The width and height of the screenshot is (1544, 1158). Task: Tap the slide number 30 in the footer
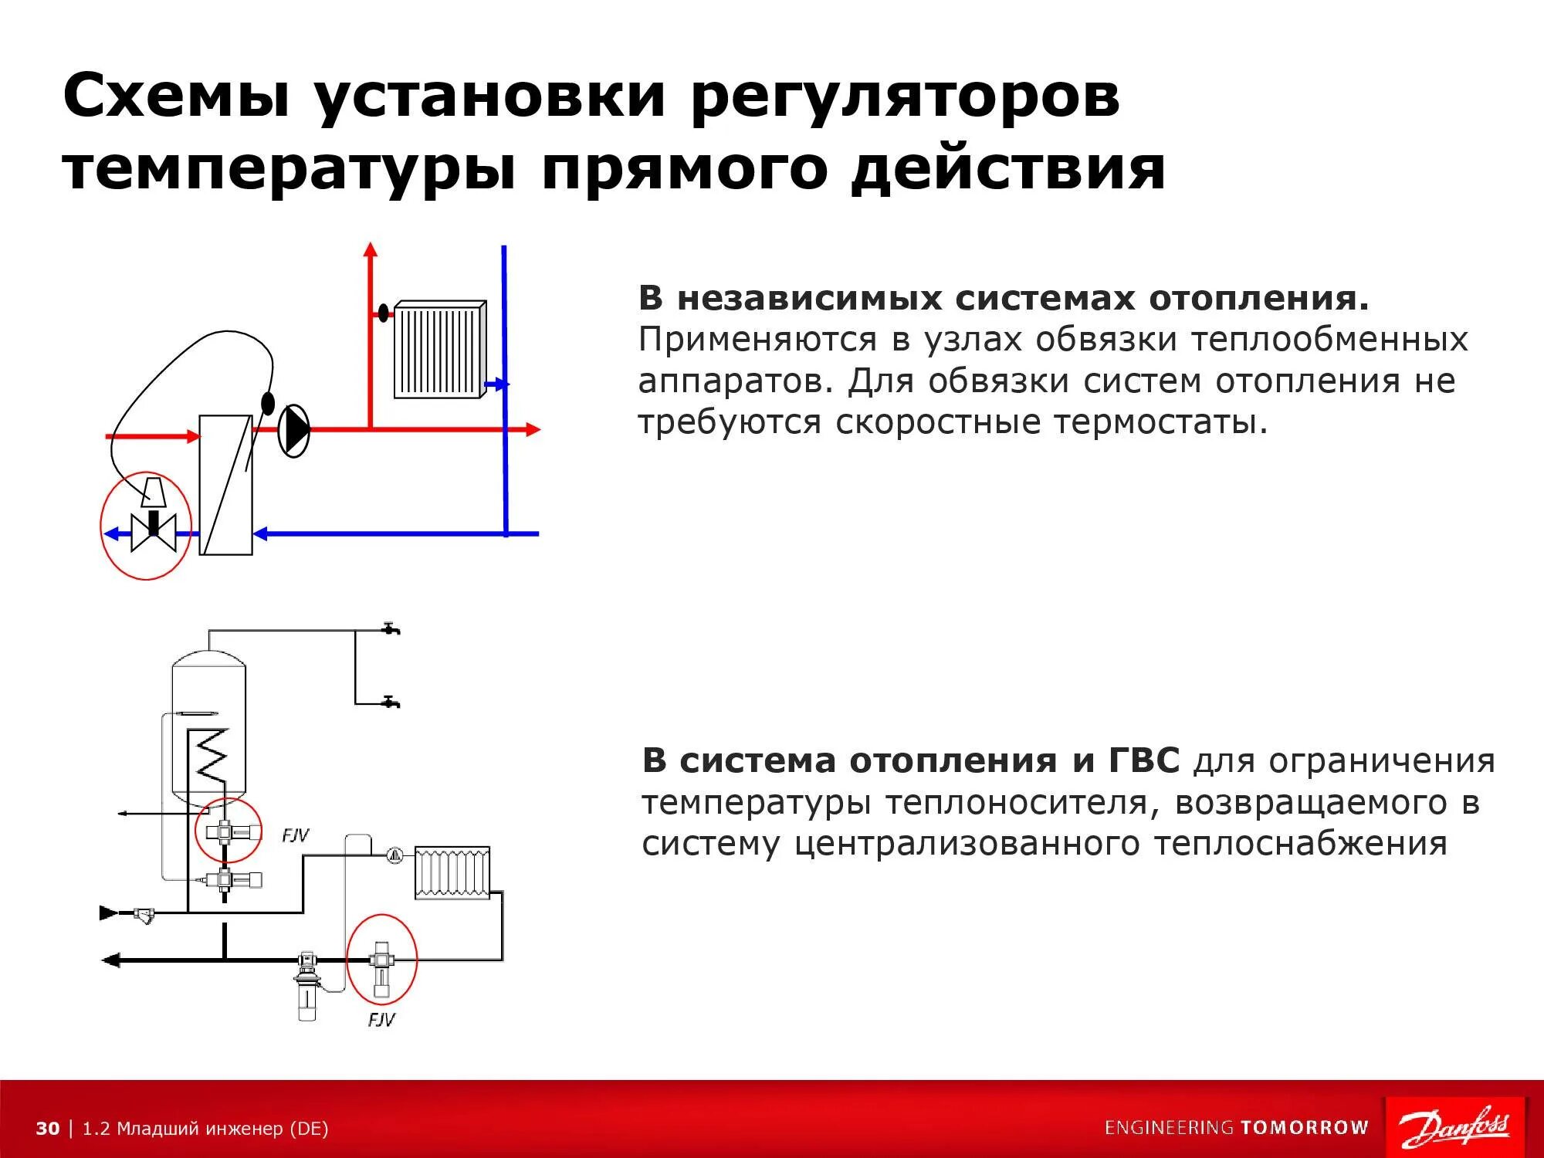[x=47, y=1129]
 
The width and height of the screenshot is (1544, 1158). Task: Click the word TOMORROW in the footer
[x=1304, y=1128]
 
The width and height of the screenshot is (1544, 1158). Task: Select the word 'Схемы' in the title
[x=177, y=96]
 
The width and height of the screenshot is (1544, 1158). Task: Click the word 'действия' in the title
[x=1007, y=169]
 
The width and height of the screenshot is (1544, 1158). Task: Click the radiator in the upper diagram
[x=440, y=350]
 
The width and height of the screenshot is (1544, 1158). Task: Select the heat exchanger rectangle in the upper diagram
[x=225, y=485]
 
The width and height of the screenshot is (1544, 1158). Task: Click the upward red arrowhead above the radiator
[x=371, y=249]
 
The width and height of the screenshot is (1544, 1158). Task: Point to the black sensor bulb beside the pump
[x=268, y=403]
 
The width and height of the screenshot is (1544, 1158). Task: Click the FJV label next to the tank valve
[x=295, y=835]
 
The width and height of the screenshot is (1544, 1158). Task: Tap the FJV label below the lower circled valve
[x=381, y=1020]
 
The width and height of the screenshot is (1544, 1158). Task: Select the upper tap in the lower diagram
[x=391, y=628]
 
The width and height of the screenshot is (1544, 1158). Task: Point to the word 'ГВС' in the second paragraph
[x=1143, y=760]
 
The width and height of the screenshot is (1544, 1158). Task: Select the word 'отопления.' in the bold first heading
[x=1259, y=298]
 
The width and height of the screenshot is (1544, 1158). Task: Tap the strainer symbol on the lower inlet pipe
[x=144, y=915]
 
